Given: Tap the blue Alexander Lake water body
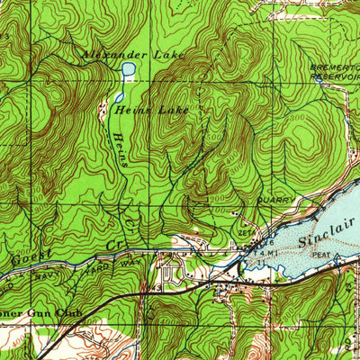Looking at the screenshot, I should point(129,69).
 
